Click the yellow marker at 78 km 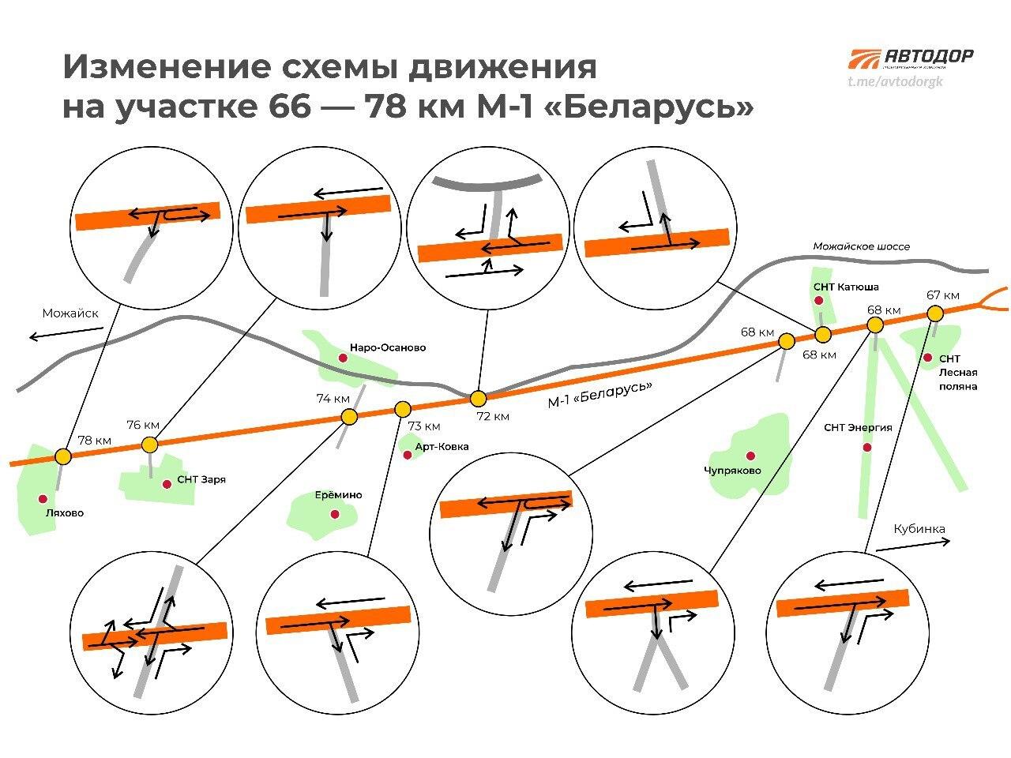click(63, 456)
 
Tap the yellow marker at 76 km click(150, 445)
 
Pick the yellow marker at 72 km click(477, 398)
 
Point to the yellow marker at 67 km click(934, 313)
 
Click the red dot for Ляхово click(43, 499)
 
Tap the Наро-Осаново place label click(387, 347)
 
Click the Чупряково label click(732, 471)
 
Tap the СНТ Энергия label click(858, 428)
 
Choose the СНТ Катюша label click(845, 287)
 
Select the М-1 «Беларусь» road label click(600, 396)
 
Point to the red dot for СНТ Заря click(167, 484)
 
